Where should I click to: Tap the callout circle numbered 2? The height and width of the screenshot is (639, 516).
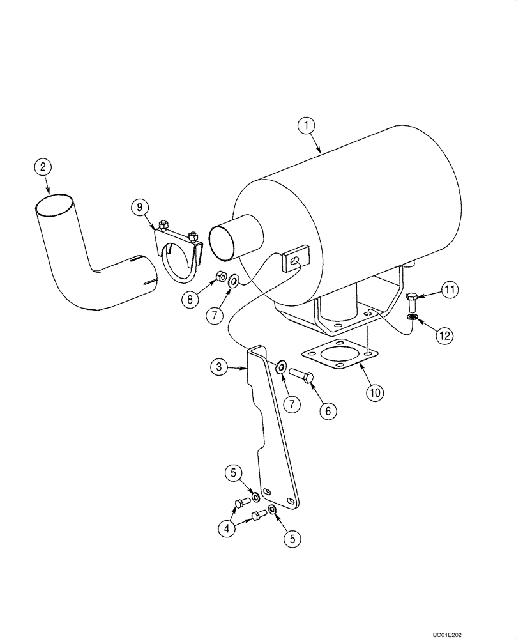pos(43,167)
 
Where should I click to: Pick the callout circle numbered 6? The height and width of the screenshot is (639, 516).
pos(328,411)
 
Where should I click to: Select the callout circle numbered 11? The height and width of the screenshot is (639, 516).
pos(451,291)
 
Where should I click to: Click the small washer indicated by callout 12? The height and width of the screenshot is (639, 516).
pos(412,317)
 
